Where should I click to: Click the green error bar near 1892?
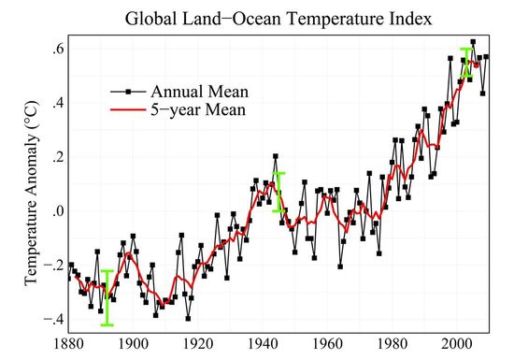[107, 298]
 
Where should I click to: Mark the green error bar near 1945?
[278, 192]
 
